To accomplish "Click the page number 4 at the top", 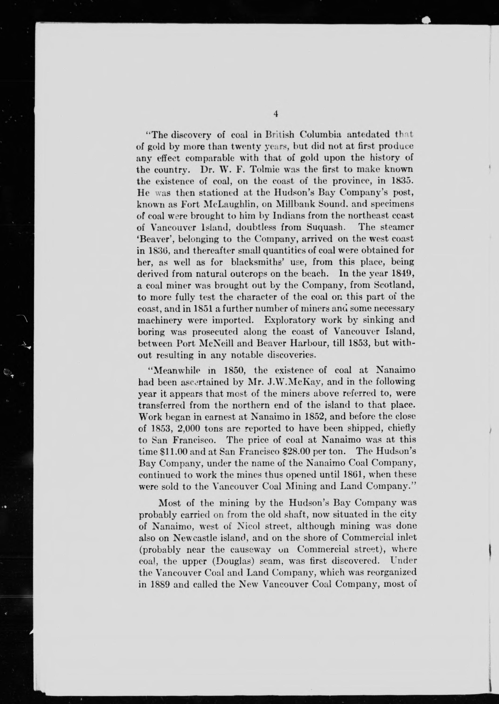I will [276, 114].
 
